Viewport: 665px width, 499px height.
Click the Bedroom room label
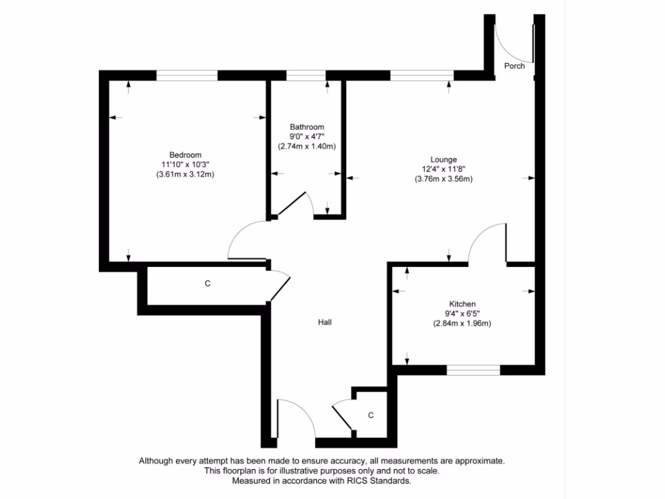tap(185, 155)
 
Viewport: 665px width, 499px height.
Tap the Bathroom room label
tap(307, 127)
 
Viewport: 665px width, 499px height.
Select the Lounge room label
tap(444, 159)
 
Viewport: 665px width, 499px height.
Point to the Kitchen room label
tap(462, 303)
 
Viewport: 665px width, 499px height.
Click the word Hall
tap(325, 322)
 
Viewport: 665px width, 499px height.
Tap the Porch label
tap(514, 66)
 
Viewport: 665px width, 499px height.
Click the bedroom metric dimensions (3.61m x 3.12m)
tap(185, 174)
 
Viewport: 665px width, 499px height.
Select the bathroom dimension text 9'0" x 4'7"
tap(307, 136)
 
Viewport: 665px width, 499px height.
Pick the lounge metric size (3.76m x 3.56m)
tap(444, 179)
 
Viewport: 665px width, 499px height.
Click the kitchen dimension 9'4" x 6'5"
tap(462, 313)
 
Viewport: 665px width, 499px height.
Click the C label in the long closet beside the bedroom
tap(207, 284)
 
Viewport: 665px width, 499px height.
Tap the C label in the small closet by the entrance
tap(371, 415)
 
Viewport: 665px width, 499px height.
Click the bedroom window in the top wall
tap(186, 75)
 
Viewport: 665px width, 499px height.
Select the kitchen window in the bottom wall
tap(473, 370)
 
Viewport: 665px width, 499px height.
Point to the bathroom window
tap(306, 75)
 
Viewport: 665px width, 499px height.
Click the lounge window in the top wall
tap(421, 75)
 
